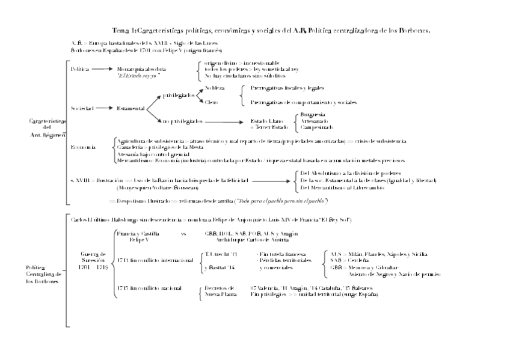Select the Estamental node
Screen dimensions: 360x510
[131, 108]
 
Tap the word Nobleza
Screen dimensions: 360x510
[215, 88]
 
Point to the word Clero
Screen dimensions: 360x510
[211, 102]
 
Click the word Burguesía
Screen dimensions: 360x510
[312, 114]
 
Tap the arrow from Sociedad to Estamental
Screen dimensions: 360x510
[104, 108]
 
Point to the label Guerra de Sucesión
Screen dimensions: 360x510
[93, 260]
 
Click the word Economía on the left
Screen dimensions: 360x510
[82, 147]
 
